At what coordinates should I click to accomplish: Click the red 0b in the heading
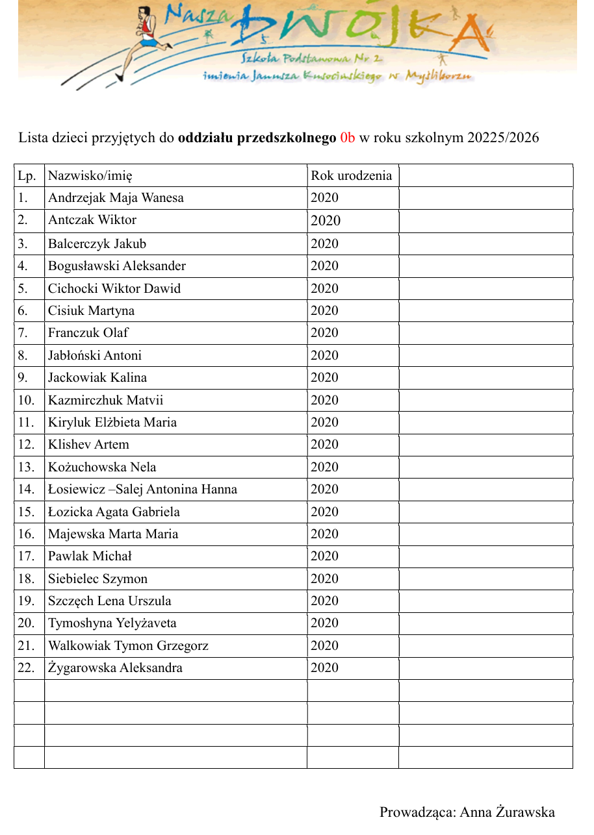pyautogui.click(x=347, y=138)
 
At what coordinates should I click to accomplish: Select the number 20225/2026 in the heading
pyautogui.click(x=502, y=138)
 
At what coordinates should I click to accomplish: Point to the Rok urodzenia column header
pyautogui.click(x=351, y=175)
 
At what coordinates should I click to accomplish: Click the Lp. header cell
pyautogui.click(x=27, y=175)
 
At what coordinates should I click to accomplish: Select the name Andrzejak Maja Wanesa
pyautogui.click(x=116, y=198)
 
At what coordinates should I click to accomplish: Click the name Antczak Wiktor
pyautogui.click(x=92, y=220)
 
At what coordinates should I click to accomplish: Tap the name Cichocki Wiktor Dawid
pyautogui.click(x=114, y=288)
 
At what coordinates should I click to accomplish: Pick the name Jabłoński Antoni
pyautogui.click(x=95, y=355)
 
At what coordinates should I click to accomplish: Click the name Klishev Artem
pyautogui.click(x=88, y=445)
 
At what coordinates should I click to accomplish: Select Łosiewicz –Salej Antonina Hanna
pyautogui.click(x=142, y=490)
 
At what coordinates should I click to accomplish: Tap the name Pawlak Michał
pyautogui.click(x=90, y=556)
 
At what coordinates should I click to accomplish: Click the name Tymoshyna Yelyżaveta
pyautogui.click(x=112, y=623)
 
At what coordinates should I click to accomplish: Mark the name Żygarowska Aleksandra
pyautogui.click(x=115, y=668)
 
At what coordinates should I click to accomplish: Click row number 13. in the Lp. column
pyautogui.click(x=26, y=467)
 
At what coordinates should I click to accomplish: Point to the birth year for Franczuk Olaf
pyautogui.click(x=324, y=333)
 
